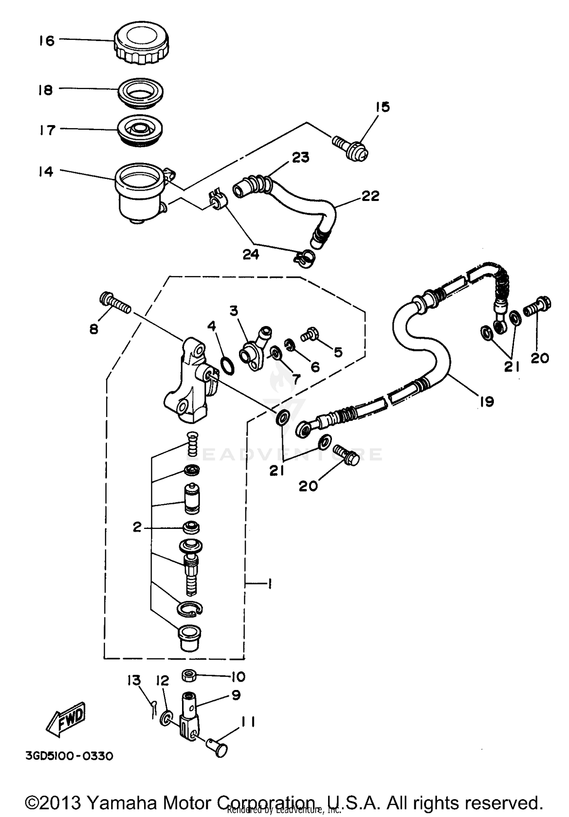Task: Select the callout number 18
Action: [x=46, y=90]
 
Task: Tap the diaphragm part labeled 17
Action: [x=140, y=130]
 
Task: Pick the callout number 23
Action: [x=300, y=157]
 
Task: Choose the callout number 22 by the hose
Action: [x=370, y=196]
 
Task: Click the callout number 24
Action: [x=251, y=254]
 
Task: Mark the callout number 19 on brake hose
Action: [x=487, y=401]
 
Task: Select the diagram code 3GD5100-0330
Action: [x=69, y=756]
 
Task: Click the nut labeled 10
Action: [x=189, y=674]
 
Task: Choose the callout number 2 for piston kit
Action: [x=137, y=527]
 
